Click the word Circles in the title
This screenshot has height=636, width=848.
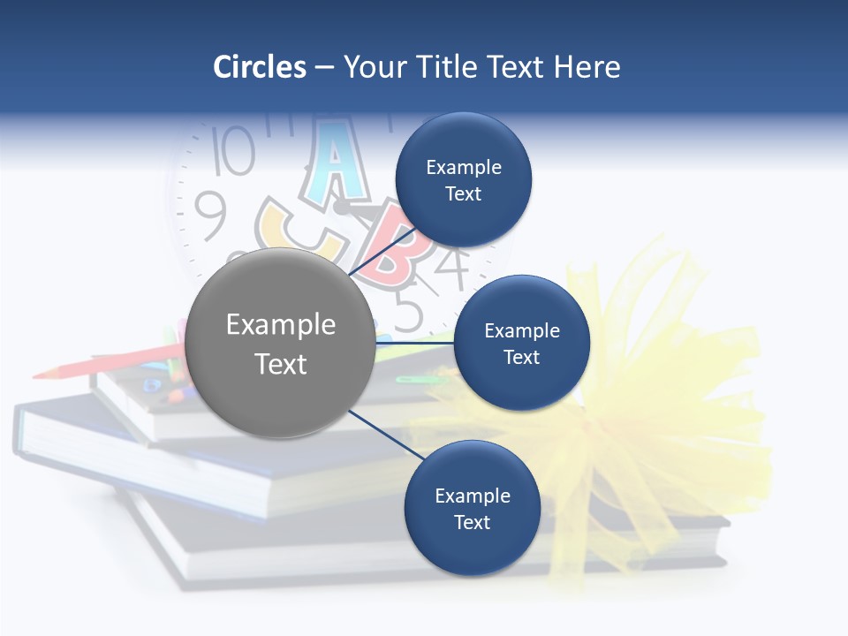tap(259, 67)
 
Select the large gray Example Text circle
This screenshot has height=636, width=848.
tap(280, 343)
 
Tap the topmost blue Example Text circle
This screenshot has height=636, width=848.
tap(463, 179)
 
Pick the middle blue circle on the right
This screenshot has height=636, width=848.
tap(521, 343)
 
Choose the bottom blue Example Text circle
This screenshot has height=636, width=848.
tap(472, 508)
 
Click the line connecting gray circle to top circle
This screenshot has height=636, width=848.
tap(381, 251)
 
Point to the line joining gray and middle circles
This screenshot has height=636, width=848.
tap(415, 342)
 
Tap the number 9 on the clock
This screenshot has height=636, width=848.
tap(209, 216)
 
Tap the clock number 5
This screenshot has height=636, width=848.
tap(408, 312)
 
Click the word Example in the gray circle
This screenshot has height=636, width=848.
tap(280, 325)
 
